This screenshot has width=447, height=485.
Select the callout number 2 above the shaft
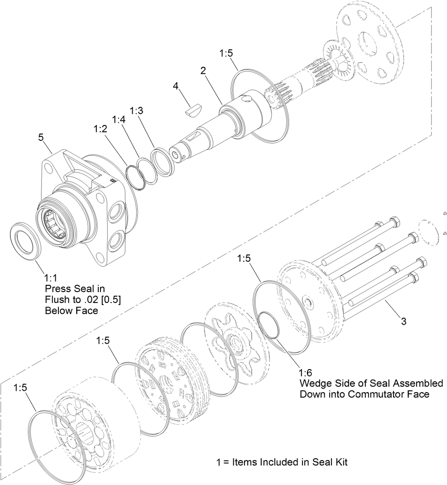(203, 71)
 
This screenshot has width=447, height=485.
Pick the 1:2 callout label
(100, 129)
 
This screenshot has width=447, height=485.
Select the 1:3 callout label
(137, 111)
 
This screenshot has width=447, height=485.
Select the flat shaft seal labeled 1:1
(26, 240)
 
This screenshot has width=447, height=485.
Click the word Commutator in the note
(379, 394)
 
